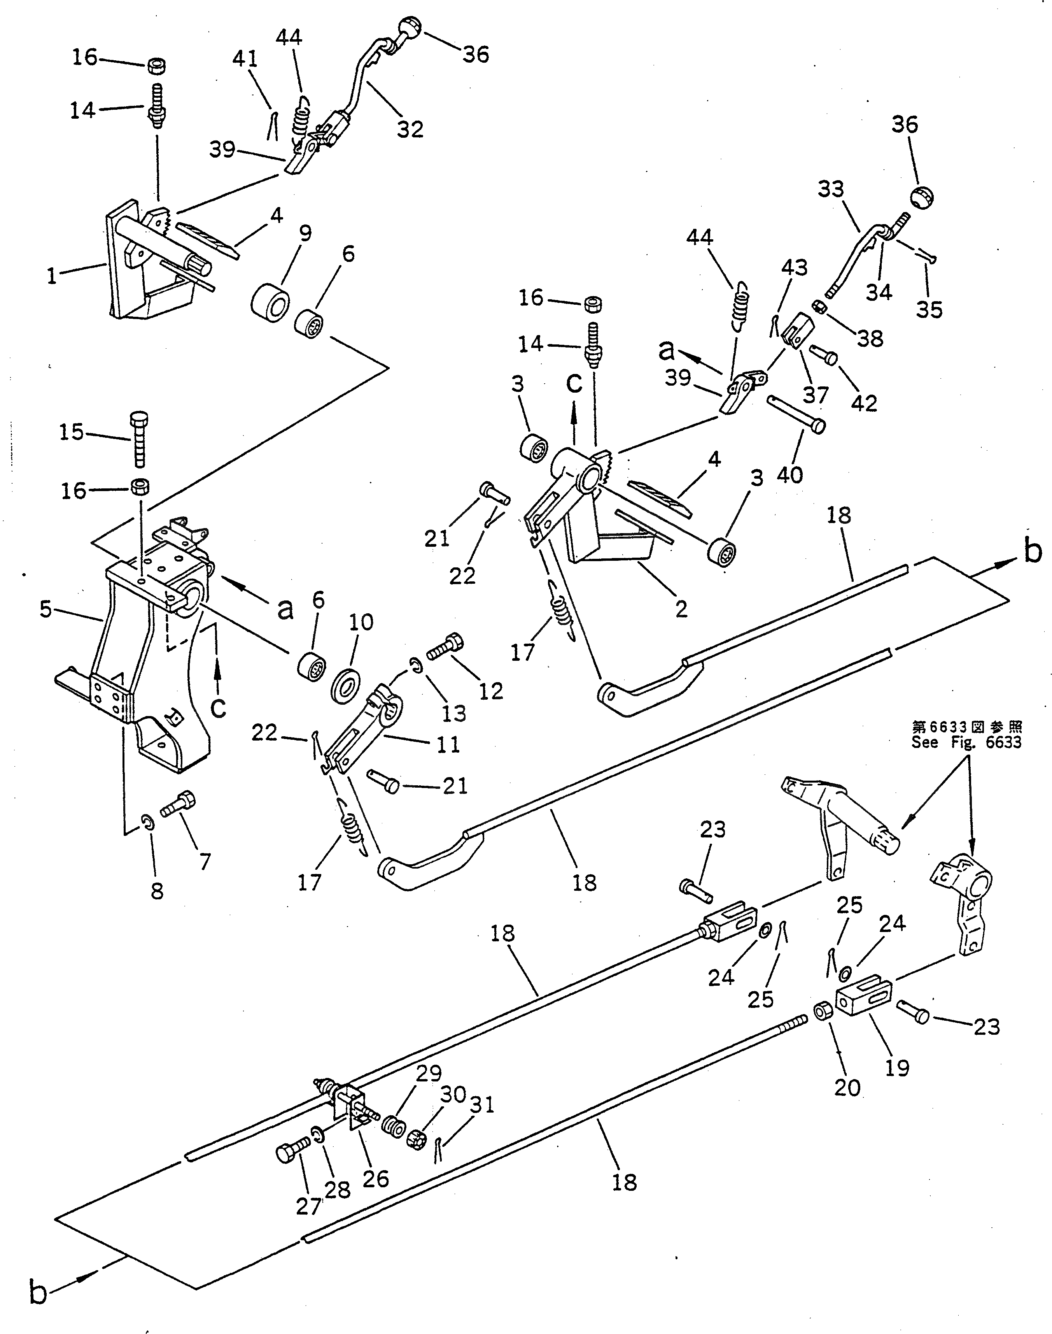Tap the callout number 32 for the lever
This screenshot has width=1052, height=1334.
[x=410, y=130]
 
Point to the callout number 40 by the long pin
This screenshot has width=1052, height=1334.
[x=790, y=474]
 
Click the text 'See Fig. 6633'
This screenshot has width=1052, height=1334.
[x=966, y=742]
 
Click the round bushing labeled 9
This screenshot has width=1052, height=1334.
[x=270, y=302]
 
